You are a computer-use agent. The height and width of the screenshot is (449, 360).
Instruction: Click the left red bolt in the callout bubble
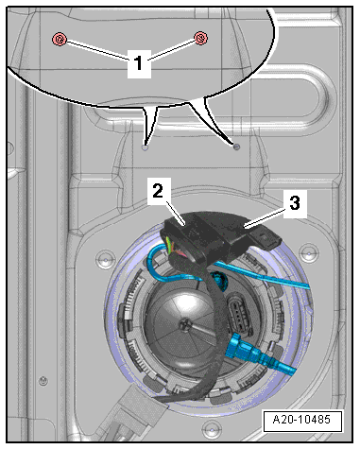(60, 39)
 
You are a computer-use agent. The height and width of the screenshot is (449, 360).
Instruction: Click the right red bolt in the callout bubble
(200, 38)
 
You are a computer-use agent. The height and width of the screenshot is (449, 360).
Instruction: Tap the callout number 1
(139, 64)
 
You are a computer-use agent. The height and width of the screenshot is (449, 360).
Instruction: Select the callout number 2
(159, 191)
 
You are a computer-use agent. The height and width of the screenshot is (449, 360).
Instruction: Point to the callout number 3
(295, 203)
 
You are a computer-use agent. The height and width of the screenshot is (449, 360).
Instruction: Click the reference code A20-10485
(302, 420)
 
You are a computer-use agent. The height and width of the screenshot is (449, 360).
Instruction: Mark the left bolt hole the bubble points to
(145, 147)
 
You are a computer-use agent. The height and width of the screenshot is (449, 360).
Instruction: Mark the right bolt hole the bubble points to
(236, 147)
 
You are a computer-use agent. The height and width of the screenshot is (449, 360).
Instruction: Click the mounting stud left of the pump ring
(106, 259)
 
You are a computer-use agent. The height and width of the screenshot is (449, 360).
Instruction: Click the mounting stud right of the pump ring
(309, 253)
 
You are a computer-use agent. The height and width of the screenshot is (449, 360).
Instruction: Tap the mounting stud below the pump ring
(212, 429)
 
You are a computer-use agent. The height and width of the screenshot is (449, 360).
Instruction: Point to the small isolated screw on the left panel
(43, 380)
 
